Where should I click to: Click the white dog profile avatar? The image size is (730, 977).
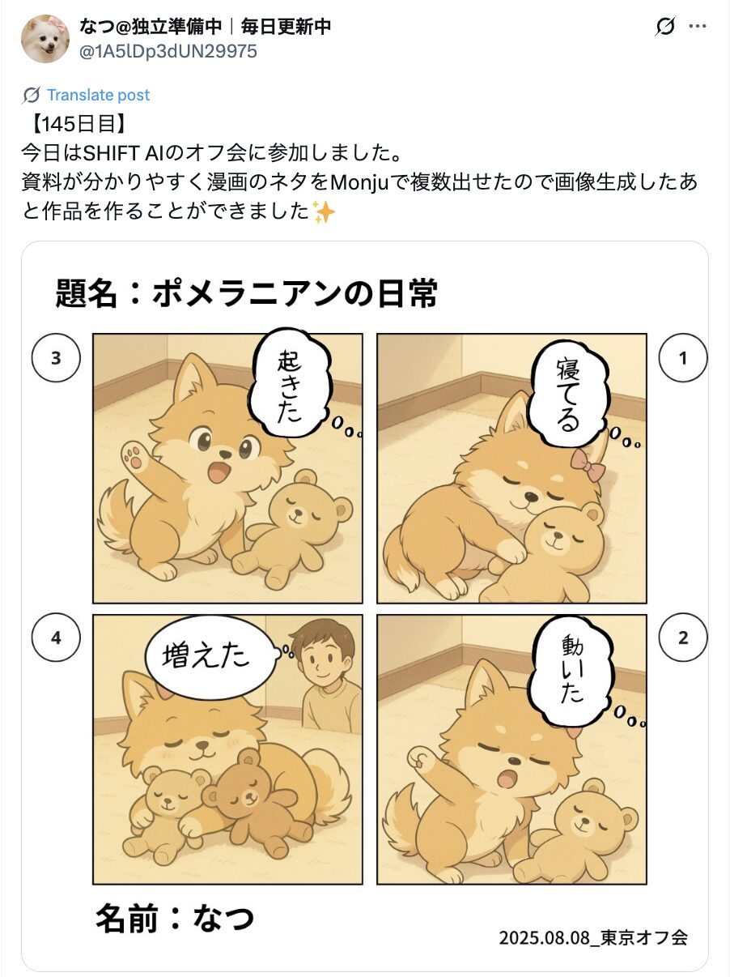tap(45, 39)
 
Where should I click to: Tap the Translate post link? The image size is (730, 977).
tap(98, 95)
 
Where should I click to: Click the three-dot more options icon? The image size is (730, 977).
tap(697, 26)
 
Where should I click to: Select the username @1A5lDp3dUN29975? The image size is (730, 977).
tap(168, 52)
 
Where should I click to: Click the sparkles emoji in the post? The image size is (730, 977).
tap(324, 211)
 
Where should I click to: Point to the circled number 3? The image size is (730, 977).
tap(56, 358)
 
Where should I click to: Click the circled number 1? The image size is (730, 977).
tap(683, 358)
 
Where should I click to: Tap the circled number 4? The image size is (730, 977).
tap(56, 638)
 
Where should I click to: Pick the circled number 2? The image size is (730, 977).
tap(683, 638)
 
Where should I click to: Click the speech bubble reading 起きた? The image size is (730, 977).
tap(290, 385)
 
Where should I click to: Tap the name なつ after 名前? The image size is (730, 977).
tap(223, 918)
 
